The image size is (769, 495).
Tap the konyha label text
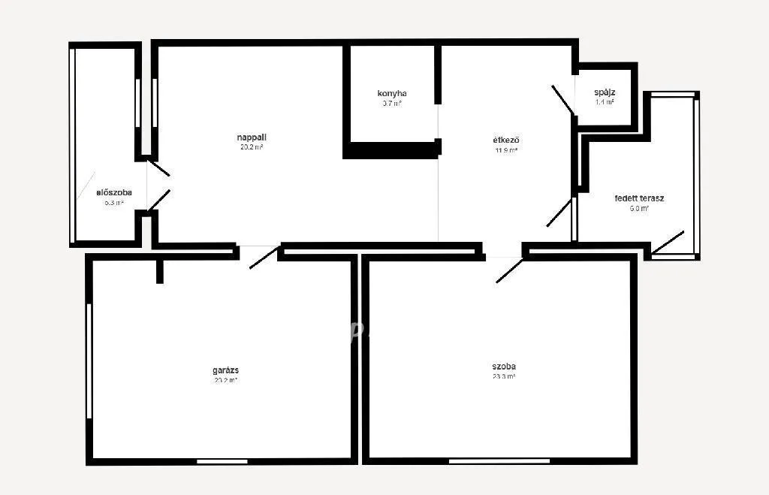point(392,93)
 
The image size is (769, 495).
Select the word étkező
point(506,140)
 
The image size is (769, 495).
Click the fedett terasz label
point(639,198)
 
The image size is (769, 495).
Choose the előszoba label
point(114,192)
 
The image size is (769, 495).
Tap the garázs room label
point(225,370)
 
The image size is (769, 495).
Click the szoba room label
point(503,367)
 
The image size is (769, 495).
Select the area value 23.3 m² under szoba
point(503,377)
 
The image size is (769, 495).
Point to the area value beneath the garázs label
point(225,380)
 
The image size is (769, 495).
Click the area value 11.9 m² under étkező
point(506,150)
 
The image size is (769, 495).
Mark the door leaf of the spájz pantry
point(563,100)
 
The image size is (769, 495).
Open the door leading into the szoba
point(509,270)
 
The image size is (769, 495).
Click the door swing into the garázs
point(264,257)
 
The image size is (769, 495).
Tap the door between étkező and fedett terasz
point(559,213)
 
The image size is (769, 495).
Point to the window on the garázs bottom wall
point(212,460)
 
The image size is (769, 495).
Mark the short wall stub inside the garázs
point(159,271)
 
